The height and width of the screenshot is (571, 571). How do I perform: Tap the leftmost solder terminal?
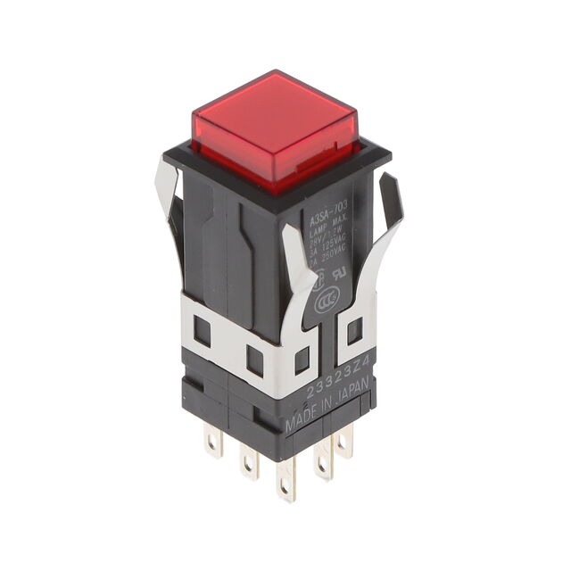[x=212, y=441]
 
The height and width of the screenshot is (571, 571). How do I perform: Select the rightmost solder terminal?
[x=344, y=441]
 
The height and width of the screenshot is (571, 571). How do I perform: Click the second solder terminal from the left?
[x=249, y=459]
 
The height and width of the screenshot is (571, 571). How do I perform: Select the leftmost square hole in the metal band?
[x=203, y=333]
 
